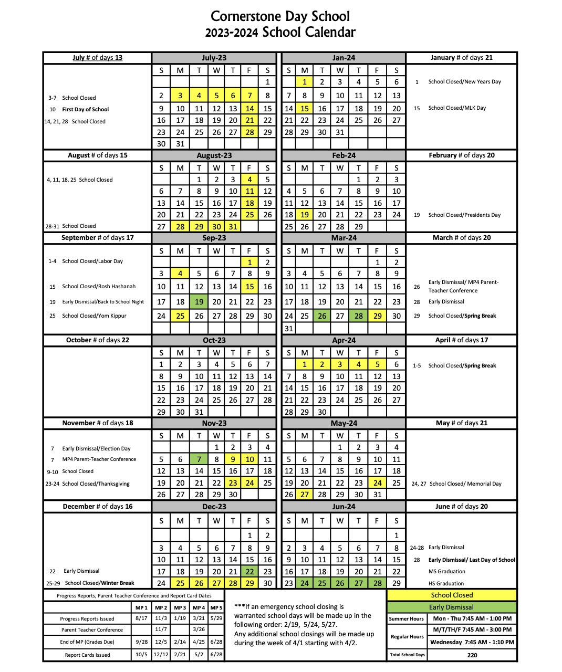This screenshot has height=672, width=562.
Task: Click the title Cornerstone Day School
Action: click(280, 16)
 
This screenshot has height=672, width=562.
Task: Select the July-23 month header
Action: click(214, 58)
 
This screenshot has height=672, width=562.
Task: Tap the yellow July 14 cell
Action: click(249, 109)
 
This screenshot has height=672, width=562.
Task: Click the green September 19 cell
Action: click(199, 302)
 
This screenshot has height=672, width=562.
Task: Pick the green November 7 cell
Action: click(199, 459)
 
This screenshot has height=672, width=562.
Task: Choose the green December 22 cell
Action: click(249, 572)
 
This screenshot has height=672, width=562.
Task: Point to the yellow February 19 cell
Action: click(304, 215)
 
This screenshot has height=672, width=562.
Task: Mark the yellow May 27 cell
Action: click(304, 495)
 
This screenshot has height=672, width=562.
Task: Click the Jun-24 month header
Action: click(344, 507)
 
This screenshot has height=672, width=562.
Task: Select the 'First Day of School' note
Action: click(85, 110)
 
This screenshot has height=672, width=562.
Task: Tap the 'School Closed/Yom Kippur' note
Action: click(94, 316)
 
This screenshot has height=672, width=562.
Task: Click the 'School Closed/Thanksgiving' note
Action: click(96, 484)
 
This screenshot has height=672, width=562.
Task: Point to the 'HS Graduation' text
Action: click(446, 583)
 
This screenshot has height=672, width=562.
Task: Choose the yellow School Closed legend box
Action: click(452, 595)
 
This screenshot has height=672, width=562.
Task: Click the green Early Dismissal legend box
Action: click(452, 607)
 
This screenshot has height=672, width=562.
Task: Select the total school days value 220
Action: click(472, 655)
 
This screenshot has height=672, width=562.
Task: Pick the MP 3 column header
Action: click(180, 607)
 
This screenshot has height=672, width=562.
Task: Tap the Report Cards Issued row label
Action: click(87, 655)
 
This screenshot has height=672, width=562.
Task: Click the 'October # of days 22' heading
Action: click(97, 340)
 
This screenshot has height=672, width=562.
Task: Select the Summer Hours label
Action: click(406, 619)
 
